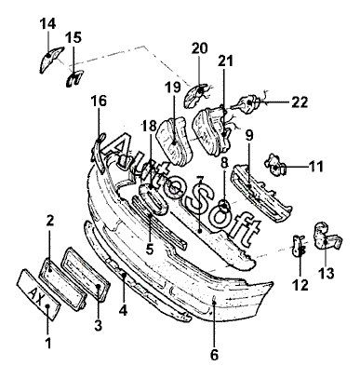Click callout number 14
[x=47, y=23]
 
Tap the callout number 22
[x=300, y=102]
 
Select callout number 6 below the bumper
[x=214, y=355]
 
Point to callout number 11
[x=315, y=167]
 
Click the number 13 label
[x=326, y=274]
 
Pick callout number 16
[x=99, y=102]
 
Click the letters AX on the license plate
[x=37, y=294]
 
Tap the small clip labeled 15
[x=74, y=78]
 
